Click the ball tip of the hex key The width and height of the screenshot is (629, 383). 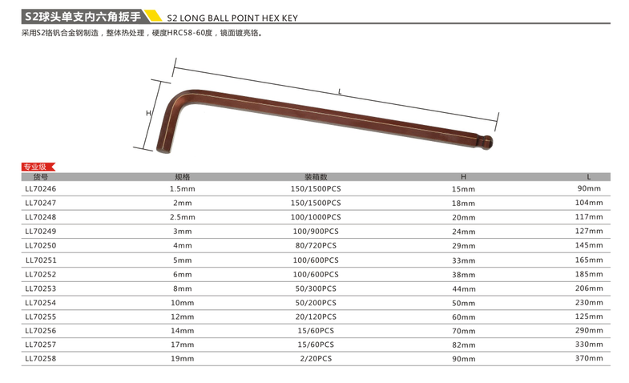[487, 143]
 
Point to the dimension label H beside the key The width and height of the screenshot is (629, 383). [148, 113]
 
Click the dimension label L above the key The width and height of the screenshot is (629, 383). [340, 92]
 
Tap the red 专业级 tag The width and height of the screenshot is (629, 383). [38, 167]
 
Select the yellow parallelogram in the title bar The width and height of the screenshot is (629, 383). [153, 16]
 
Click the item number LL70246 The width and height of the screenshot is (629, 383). [41, 188]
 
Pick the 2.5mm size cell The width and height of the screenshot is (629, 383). [183, 217]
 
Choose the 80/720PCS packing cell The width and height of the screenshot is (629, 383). [317, 245]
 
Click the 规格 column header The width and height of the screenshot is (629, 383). [183, 177]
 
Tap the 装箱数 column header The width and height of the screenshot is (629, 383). [317, 177]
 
